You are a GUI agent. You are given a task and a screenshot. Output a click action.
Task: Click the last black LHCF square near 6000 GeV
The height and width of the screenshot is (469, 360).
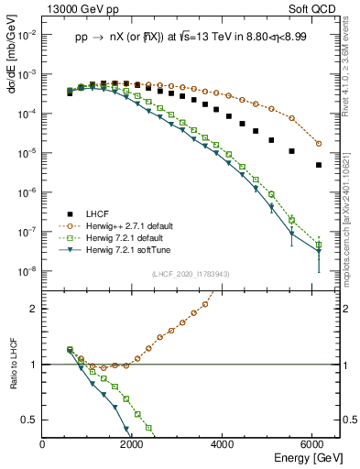pyautogui.click(x=319, y=165)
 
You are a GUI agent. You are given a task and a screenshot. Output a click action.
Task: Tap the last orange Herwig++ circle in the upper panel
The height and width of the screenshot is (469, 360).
pyautogui.click(x=319, y=144)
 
